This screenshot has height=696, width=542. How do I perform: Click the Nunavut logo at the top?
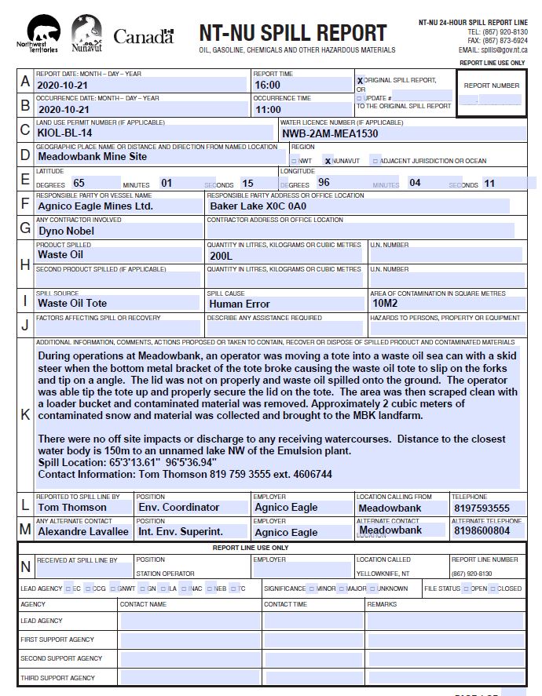pos(86,36)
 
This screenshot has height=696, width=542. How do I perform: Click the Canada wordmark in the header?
pos(144,36)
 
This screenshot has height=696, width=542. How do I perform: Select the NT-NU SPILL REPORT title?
pos(292,33)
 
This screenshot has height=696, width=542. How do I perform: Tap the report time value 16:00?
pos(268,85)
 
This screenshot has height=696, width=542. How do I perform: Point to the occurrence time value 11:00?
pos(268,110)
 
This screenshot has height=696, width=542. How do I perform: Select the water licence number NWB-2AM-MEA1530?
pos(330,133)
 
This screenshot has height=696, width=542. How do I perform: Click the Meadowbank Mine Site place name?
pos(92,156)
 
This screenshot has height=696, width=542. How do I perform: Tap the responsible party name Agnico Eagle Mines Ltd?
pos(95,206)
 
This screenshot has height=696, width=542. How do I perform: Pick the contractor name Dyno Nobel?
pos(66,231)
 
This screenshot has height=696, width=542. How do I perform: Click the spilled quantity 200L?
pos(222,255)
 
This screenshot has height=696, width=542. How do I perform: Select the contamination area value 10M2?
pos(386,303)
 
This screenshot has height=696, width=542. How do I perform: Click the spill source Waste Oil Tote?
pos(72,304)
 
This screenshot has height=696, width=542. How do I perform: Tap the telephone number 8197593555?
pos(482,508)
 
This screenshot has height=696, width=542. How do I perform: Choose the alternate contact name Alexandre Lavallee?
pos(83,532)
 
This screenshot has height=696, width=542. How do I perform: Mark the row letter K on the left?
pos(26,414)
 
